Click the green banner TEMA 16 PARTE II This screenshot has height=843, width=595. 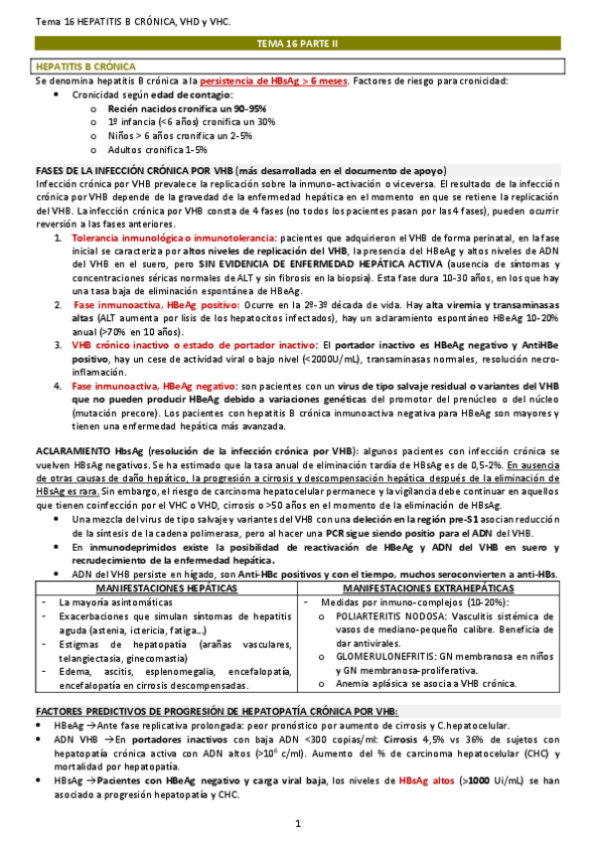point(297,46)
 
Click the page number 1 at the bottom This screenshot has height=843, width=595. point(298,824)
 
